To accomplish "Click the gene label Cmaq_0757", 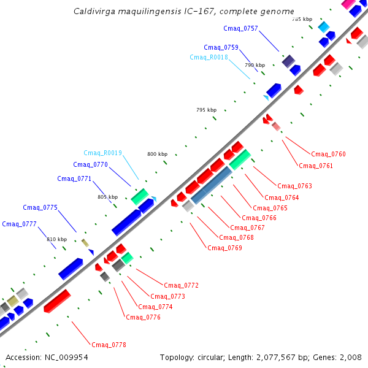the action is click(240, 29).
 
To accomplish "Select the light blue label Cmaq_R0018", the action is click(209, 57).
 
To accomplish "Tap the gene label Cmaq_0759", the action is click(221, 47).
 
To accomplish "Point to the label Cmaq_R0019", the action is click(102, 153).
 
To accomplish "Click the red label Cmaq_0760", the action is click(328, 154).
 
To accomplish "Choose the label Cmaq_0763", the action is click(294, 186).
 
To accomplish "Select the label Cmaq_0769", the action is click(224, 248).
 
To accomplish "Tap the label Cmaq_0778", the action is click(109, 345).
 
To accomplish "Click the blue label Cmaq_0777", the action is click(19, 224).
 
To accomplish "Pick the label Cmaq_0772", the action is click(182, 285).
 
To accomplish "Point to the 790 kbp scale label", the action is click(255, 65).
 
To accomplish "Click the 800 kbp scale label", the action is click(157, 154).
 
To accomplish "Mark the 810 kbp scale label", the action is click(56, 239).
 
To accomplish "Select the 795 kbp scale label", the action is click(206, 110).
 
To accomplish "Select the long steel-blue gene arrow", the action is click(212, 185).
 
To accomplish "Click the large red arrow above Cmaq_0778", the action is click(57, 301).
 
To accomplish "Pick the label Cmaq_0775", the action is click(40, 207).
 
